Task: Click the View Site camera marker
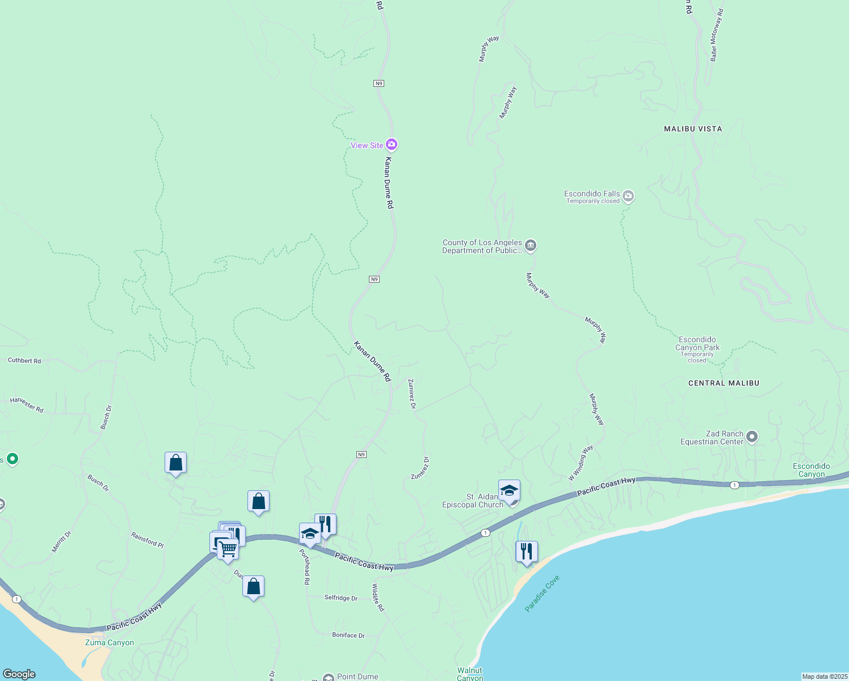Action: (391, 145)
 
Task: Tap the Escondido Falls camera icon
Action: (628, 196)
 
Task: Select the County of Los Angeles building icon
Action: (531, 245)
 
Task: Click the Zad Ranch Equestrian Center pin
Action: (752, 437)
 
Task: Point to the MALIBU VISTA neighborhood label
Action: (693, 129)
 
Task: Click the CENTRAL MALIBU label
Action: (724, 383)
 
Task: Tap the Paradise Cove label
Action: (542, 593)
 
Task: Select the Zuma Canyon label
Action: (110, 642)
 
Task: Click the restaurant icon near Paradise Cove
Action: (527, 551)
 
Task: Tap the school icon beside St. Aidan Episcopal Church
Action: (509, 490)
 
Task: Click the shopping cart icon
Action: (228, 549)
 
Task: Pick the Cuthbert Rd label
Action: (24, 360)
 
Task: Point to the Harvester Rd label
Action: (27, 405)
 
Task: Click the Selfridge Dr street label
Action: (341, 598)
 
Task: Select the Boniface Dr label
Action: (348, 635)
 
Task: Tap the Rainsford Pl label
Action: (147, 540)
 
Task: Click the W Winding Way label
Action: (581, 463)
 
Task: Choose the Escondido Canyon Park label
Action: (697, 344)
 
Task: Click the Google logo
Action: (19, 674)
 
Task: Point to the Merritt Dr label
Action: (61, 541)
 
